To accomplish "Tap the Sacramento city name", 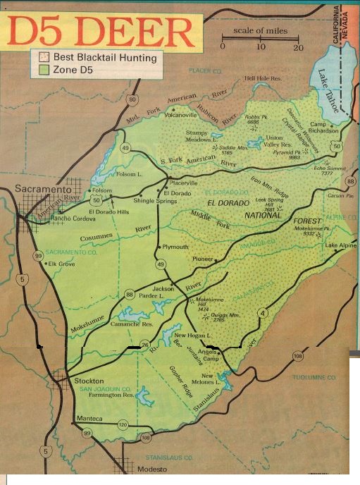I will (x=43, y=191).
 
